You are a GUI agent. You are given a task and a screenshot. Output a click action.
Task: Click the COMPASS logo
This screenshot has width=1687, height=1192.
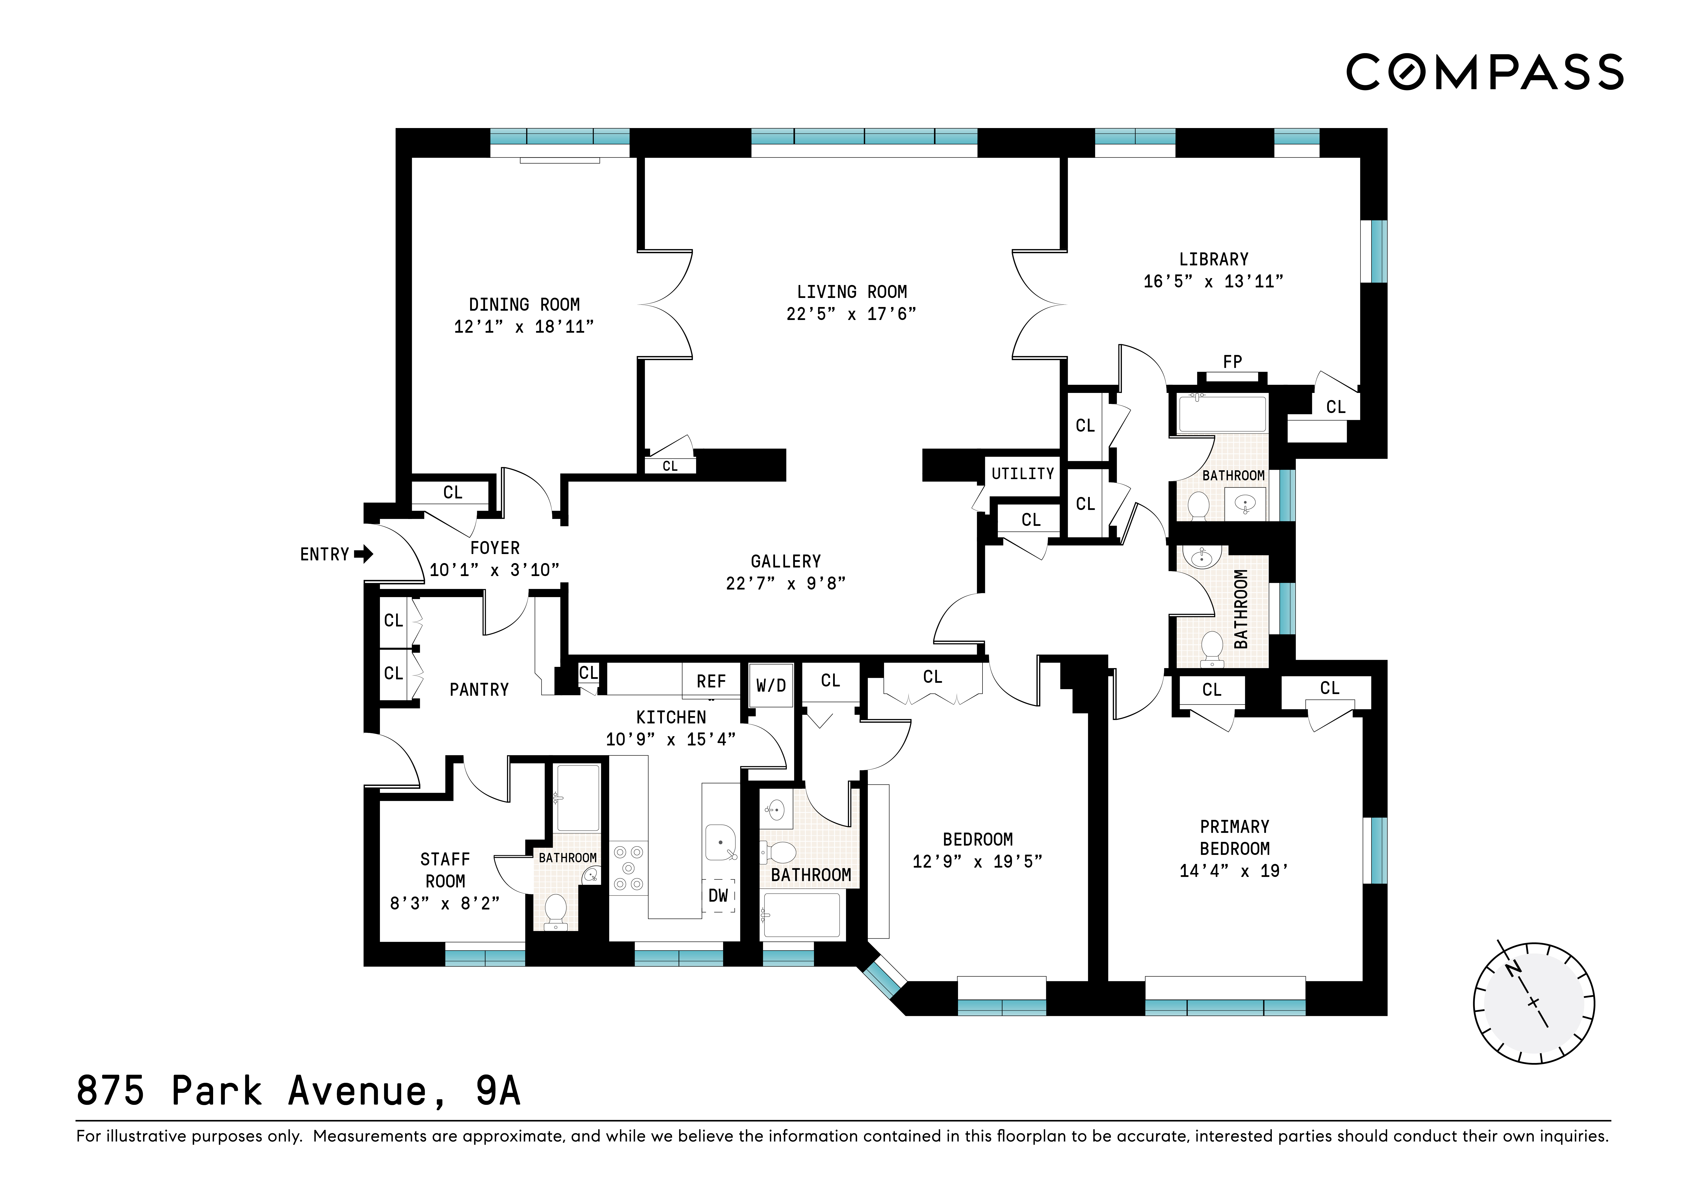pos(1484,72)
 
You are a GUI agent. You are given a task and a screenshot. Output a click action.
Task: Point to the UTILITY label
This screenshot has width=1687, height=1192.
pos(1022,474)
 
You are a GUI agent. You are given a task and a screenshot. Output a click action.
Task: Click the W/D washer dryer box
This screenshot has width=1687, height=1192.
pos(771,685)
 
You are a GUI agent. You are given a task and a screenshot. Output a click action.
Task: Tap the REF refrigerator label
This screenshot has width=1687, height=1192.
pos(711,682)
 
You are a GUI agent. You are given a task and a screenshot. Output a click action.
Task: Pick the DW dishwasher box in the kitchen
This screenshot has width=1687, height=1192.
pos(718,895)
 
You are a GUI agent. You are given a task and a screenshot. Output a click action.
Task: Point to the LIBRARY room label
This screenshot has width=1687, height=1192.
pos(1213,259)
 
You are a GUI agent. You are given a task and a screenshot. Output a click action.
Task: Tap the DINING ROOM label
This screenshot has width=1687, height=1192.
pos(524,304)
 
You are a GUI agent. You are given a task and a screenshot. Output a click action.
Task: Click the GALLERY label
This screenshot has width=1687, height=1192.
pos(786,561)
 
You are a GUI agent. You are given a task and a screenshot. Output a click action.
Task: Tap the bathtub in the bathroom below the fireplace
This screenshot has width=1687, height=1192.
pos(1223,413)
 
